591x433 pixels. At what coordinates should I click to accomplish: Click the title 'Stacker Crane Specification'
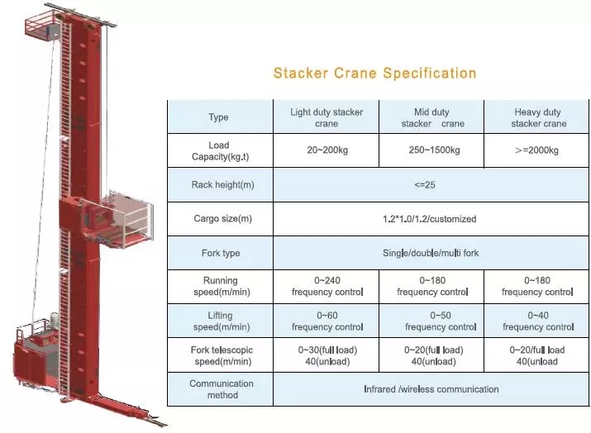point(374,74)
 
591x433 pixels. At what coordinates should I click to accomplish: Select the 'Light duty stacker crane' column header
point(326,117)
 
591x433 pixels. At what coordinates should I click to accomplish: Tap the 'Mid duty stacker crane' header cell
point(432,117)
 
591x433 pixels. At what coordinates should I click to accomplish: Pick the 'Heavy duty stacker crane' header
point(537,117)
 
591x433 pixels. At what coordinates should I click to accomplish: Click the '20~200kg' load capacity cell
point(326,150)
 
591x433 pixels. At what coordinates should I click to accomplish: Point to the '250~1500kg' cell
point(432,150)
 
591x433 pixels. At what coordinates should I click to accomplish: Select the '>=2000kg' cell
point(537,150)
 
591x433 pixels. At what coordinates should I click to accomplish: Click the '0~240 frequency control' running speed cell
point(326,286)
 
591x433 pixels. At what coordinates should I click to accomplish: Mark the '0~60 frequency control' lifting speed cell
point(326,321)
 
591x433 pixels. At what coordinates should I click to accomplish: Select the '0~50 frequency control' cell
point(432,321)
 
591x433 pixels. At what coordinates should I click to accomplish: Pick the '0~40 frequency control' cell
point(537,321)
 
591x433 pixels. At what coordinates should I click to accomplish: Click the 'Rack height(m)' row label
point(219,185)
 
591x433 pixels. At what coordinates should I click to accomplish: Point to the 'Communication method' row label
point(219,389)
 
